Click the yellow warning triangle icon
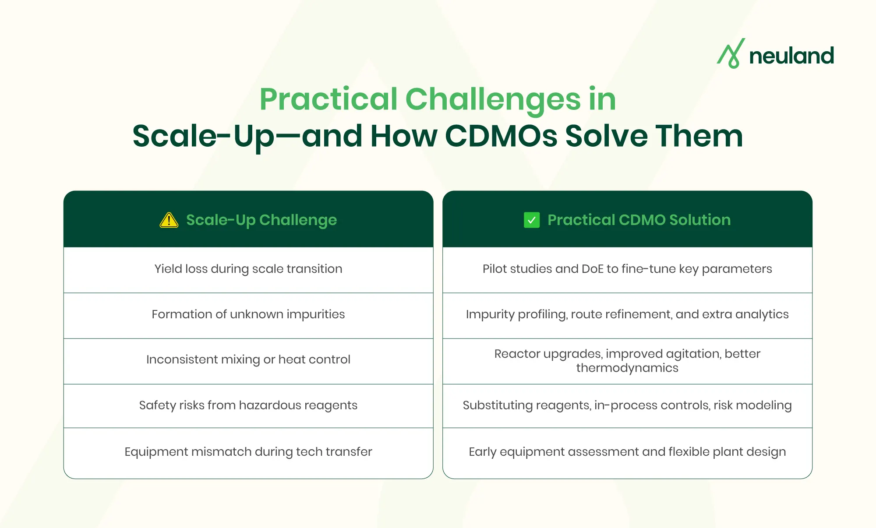(169, 220)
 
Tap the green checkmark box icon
(531, 220)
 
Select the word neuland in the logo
(791, 56)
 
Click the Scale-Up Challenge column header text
(261, 220)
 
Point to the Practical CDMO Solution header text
(639, 220)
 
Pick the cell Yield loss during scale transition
(248, 269)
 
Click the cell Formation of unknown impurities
(248, 314)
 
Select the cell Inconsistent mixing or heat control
(248, 359)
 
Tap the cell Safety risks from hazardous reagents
(248, 405)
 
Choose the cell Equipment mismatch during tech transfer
(248, 452)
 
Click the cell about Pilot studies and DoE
(627, 269)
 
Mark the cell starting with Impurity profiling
(627, 314)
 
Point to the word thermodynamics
(627, 368)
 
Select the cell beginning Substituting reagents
(627, 405)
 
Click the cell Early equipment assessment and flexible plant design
(627, 452)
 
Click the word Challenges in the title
(493, 100)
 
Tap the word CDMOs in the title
(501, 136)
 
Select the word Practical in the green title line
(328, 100)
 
